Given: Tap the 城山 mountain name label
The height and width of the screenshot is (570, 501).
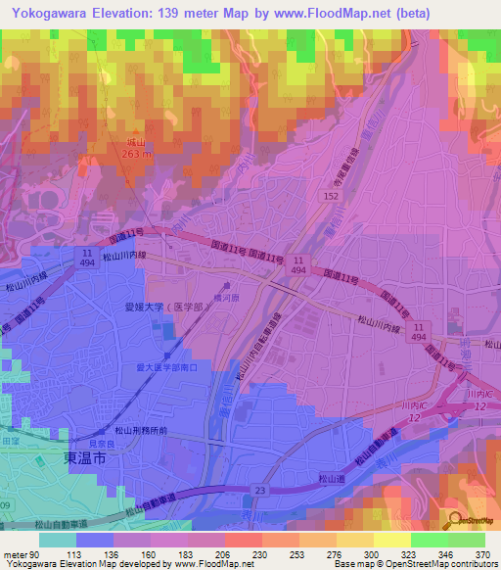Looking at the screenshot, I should point(137,142).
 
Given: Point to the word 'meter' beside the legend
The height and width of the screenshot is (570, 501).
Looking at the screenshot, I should point(14,553).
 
